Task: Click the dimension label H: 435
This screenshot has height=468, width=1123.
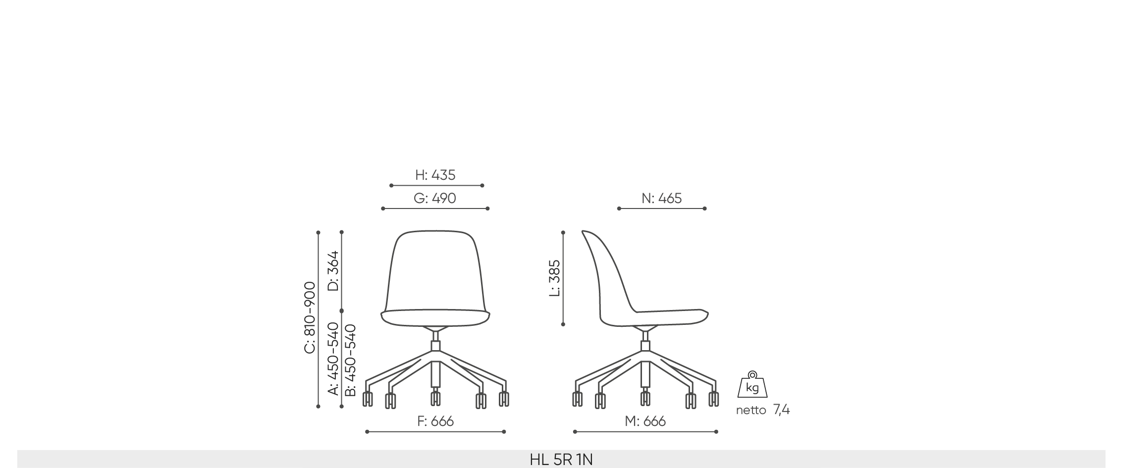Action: [x=435, y=175]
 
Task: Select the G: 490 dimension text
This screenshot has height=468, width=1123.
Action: [x=435, y=198]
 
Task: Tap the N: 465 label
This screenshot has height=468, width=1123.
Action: [x=662, y=198]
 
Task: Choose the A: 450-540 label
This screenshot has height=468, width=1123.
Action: [x=333, y=359]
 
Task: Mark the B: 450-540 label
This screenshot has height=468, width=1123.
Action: [x=350, y=360]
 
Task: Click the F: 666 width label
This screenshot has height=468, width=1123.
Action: [x=435, y=421]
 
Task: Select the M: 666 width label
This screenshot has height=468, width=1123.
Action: [x=645, y=421]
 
